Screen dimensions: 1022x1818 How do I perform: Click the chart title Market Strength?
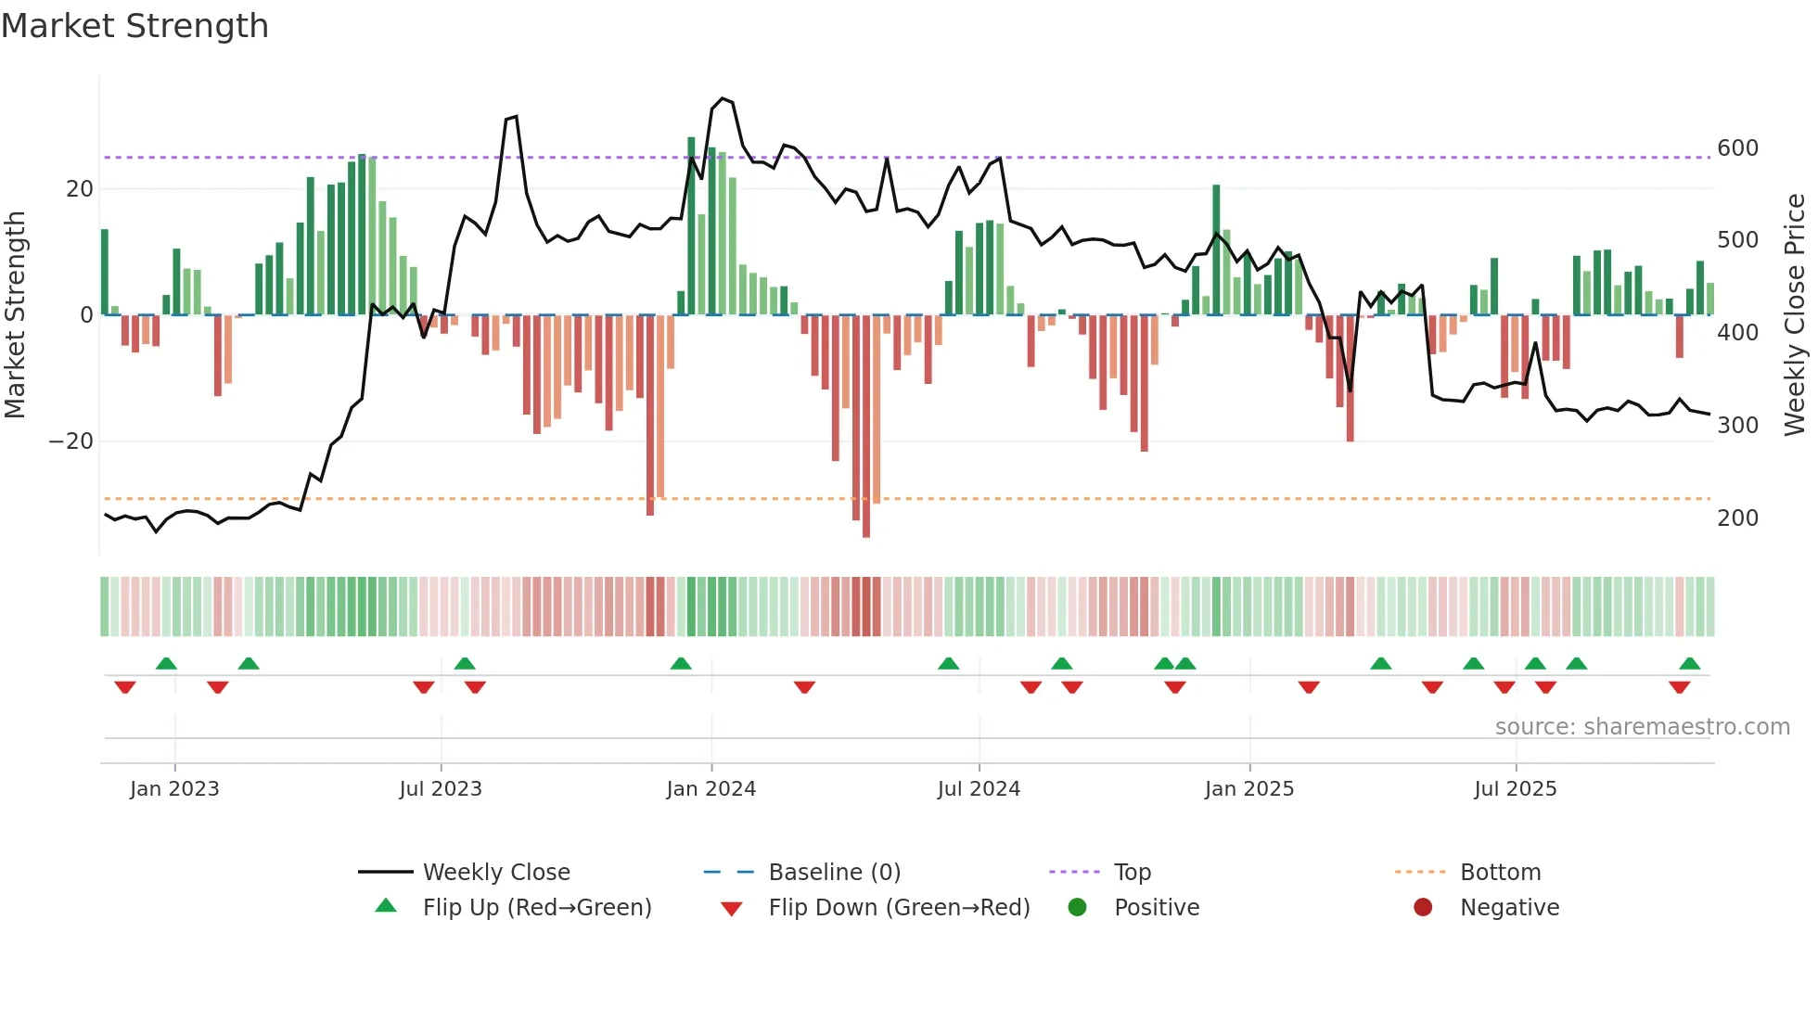[x=134, y=26]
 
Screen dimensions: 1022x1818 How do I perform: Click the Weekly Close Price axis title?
[x=1795, y=315]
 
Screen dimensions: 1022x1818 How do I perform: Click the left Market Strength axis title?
[x=15, y=315]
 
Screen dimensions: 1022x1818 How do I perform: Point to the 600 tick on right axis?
[x=1737, y=148]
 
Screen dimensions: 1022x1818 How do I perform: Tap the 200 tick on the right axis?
[x=1737, y=518]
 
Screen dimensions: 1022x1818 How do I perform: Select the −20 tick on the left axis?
[x=71, y=441]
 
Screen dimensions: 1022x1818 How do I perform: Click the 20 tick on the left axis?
[x=80, y=189]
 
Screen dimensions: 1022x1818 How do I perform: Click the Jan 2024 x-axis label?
[x=711, y=789]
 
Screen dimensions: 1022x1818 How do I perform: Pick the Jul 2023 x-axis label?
[x=441, y=789]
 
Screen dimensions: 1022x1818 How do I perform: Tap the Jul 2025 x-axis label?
[x=1516, y=789]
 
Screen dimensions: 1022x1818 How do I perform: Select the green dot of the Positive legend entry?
[x=1077, y=908]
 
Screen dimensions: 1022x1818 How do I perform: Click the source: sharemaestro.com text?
[x=1642, y=727]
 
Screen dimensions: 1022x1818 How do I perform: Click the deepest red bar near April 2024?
[x=866, y=427]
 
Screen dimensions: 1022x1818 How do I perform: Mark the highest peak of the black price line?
[x=723, y=98]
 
